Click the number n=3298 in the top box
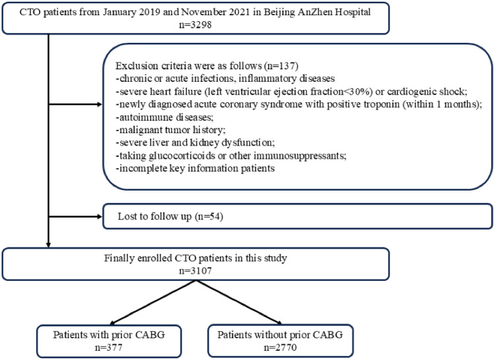pyautogui.click(x=195, y=24)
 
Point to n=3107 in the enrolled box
pyautogui.click(x=195, y=270)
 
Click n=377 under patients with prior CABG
pyautogui.click(x=109, y=347)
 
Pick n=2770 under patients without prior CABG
pyautogui.click(x=280, y=347)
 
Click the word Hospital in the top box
pyautogui.click(x=352, y=12)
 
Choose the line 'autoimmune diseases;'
pyautogui.click(x=164, y=117)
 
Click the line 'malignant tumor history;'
pyautogui.click(x=170, y=130)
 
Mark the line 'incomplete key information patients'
pyautogui.click(x=195, y=168)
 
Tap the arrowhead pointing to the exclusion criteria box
pyautogui.click(x=100, y=104)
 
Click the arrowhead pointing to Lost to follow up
pyautogui.click(x=100, y=216)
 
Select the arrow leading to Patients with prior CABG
pyautogui.click(x=154, y=303)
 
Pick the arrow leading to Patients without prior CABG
pyautogui.click(x=239, y=303)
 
